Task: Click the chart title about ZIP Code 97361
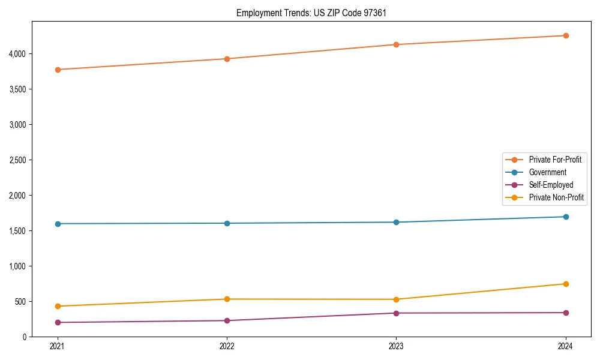coord(315,13)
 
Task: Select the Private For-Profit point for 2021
coord(58,70)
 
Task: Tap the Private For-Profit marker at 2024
coord(566,35)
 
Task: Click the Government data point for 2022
coord(227,223)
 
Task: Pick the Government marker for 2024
coord(566,217)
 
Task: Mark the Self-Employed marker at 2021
coord(58,322)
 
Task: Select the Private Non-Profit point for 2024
coord(566,284)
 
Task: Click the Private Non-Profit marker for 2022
coord(227,299)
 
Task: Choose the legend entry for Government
coord(547,172)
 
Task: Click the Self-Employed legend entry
coord(551,185)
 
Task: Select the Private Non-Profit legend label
coord(556,197)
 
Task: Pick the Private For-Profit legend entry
coord(555,160)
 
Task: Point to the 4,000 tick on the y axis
coord(17,54)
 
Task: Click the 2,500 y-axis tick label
coord(17,160)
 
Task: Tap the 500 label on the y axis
coord(20,301)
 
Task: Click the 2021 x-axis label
coord(58,346)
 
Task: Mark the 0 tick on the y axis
coord(25,337)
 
